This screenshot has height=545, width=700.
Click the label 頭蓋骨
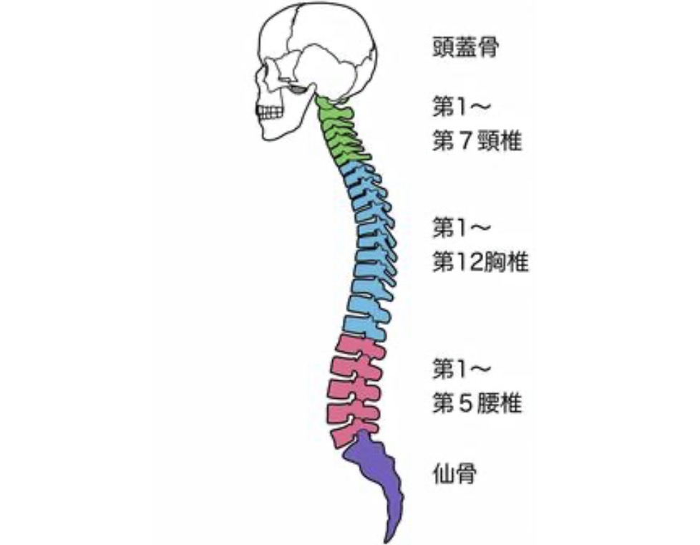[465, 49]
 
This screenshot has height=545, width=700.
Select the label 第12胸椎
[480, 262]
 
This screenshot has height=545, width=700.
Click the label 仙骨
[455, 473]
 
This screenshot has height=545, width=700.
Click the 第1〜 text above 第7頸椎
[462, 107]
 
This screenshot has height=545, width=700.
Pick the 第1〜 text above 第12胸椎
[462, 229]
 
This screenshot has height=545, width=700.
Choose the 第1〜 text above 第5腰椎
[462, 370]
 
